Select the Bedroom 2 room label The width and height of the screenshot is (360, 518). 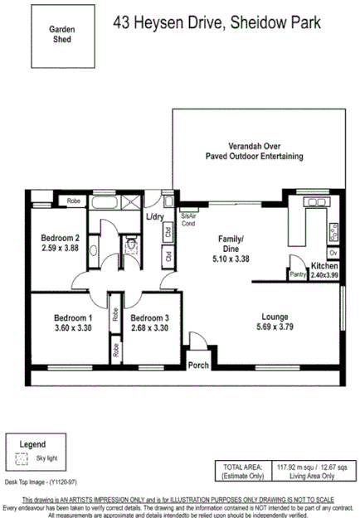(x=60, y=237)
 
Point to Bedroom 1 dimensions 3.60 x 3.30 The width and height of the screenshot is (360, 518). (x=73, y=327)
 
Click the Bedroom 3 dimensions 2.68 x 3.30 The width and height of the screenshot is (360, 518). (x=149, y=327)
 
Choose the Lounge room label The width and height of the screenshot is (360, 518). (x=274, y=316)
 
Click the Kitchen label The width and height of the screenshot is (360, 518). (x=324, y=265)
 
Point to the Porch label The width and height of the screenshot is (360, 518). (x=199, y=365)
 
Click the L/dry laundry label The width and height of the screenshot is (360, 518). (x=154, y=218)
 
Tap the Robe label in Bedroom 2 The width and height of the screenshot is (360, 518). (x=74, y=201)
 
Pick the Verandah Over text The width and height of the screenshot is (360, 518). (x=254, y=145)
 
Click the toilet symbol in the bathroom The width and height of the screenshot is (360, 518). (x=129, y=244)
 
